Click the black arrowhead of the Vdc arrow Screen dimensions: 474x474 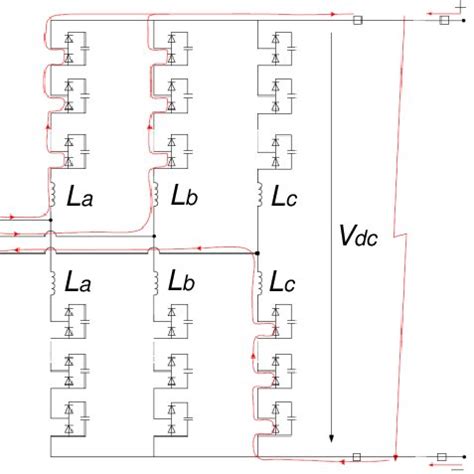coord(330,440)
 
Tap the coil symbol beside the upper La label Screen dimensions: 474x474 coord(50,196)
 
